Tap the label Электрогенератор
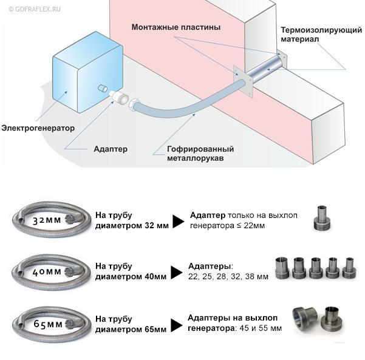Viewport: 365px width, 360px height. coord(38,128)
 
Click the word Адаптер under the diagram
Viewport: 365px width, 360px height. coord(111,148)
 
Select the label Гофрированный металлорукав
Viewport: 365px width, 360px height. coord(200,154)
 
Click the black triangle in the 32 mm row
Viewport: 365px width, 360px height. coord(178,222)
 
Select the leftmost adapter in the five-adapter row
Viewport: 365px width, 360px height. coord(282,268)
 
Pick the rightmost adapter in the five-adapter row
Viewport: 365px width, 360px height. coord(349,267)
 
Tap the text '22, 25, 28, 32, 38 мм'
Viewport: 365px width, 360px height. coord(228,276)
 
